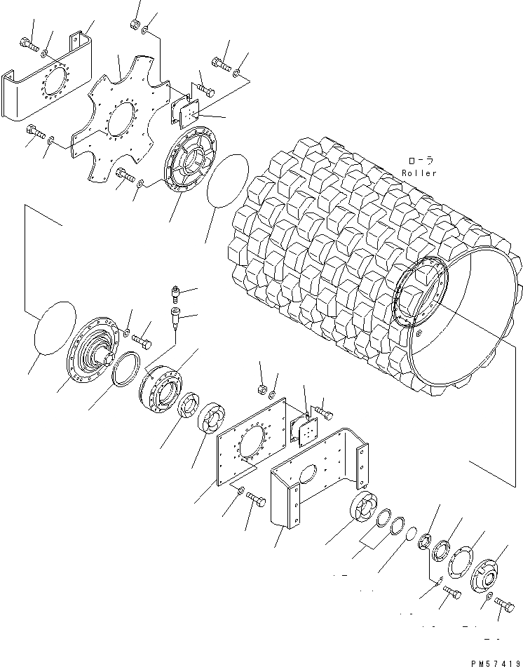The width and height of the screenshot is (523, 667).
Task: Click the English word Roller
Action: (x=419, y=173)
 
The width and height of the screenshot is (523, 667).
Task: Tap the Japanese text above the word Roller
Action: (x=420, y=162)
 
